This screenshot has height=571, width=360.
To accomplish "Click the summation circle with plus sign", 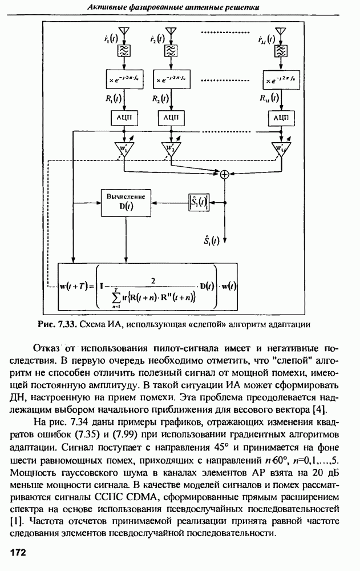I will (x=225, y=175).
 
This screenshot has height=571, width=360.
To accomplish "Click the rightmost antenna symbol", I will (x=280, y=32).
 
